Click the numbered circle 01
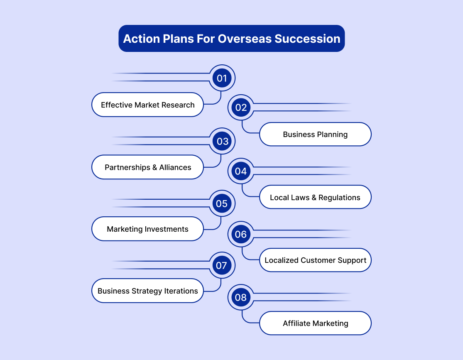click(x=222, y=78)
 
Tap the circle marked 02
click(x=241, y=108)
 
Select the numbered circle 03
click(x=222, y=141)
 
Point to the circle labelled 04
click(x=241, y=171)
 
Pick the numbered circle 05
click(x=222, y=203)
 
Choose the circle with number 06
click(x=241, y=234)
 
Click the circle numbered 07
click(x=222, y=265)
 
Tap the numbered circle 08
click(x=241, y=297)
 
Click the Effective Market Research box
click(x=148, y=105)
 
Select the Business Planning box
click(x=315, y=135)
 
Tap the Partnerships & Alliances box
click(x=148, y=167)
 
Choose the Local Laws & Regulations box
click(x=315, y=197)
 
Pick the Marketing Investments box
click(x=148, y=229)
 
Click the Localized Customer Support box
click(x=315, y=260)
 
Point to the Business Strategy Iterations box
click(x=148, y=291)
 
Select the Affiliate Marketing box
click(x=315, y=323)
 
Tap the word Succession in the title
click(x=307, y=39)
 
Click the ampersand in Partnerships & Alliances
click(x=155, y=167)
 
